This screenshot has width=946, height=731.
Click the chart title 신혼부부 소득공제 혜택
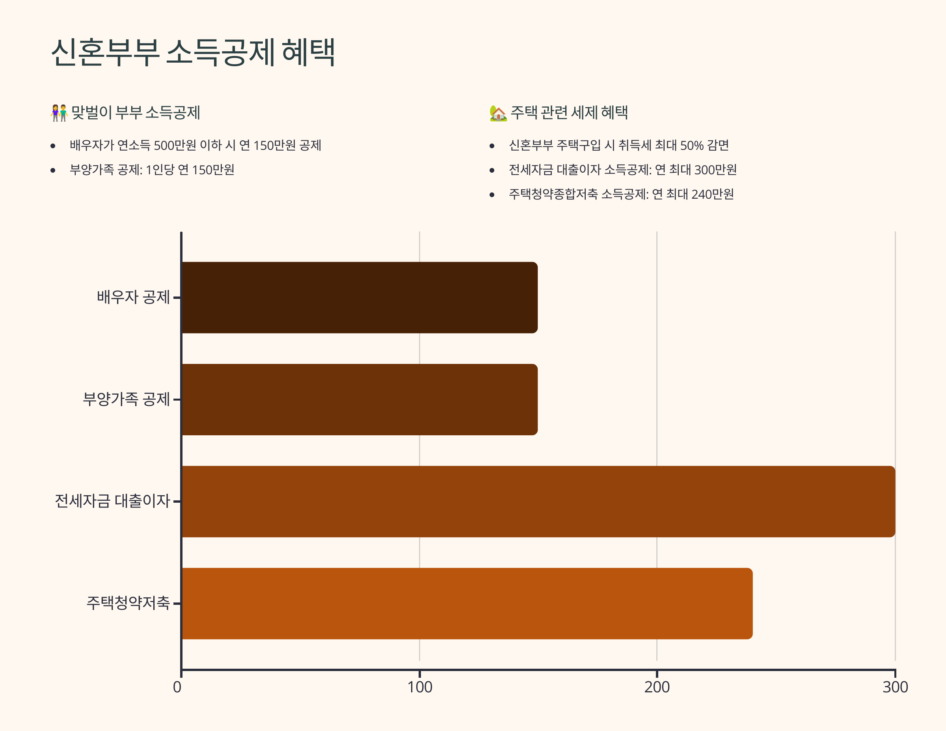pos(193,52)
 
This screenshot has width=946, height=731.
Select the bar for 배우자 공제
pos(359,298)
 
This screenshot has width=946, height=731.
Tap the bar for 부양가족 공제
pos(359,399)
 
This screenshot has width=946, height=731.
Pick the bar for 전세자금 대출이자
pos(538,502)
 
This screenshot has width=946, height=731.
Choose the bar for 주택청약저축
pos(467,604)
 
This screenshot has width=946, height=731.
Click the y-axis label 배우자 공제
pos(133,297)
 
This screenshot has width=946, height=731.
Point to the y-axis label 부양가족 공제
pos(126,399)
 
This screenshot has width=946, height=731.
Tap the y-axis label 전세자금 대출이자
pos(112,501)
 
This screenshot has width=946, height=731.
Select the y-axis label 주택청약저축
pos(128,603)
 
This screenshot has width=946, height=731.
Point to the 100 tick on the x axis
pos(420,687)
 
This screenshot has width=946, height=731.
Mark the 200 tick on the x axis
pos(657,687)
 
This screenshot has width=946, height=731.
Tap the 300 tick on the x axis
pos(895,687)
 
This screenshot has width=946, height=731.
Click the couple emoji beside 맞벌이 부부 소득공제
pos(60,113)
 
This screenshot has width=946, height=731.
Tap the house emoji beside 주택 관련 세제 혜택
pos(498,113)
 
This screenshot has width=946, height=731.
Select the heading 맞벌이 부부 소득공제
pos(136,113)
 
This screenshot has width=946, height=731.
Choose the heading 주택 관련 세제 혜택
pos(569,113)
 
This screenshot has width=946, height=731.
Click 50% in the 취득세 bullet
pos(692,145)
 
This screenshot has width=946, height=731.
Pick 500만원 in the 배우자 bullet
pos(175,145)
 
